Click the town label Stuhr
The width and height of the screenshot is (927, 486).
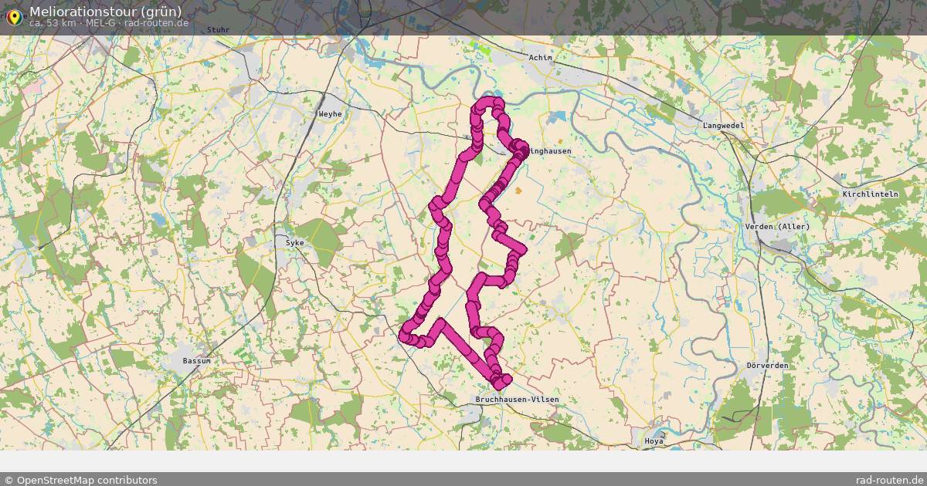tap(219, 30)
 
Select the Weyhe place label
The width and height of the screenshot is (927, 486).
tap(330, 114)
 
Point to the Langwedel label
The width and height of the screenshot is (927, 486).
tap(723, 125)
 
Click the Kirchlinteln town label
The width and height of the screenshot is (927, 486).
tap(871, 194)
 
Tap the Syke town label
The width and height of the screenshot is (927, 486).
tap(295, 242)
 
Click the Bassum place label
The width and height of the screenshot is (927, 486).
tap(196, 361)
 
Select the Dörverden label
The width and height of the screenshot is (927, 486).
tap(767, 365)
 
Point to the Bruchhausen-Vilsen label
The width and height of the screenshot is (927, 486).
tap(517, 400)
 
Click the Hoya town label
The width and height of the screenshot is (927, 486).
tap(654, 441)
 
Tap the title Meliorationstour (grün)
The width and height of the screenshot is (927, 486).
tap(106, 11)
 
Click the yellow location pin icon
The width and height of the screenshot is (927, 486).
tap(14, 15)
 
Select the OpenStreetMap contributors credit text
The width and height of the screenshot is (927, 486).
tap(80, 480)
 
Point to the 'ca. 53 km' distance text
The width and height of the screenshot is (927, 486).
tap(53, 22)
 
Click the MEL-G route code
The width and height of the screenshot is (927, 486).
tap(101, 22)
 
